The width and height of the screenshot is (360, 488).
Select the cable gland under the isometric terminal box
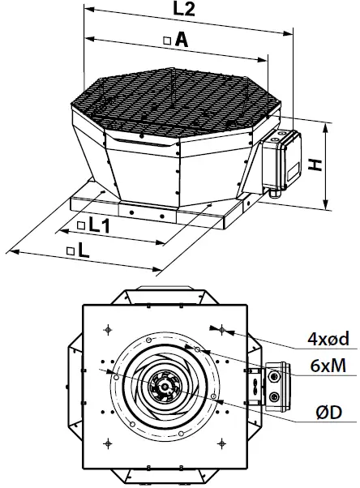click(273, 191)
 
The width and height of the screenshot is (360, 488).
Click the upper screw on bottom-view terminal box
click(274, 376)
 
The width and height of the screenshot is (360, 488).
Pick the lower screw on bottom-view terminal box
click(274, 397)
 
